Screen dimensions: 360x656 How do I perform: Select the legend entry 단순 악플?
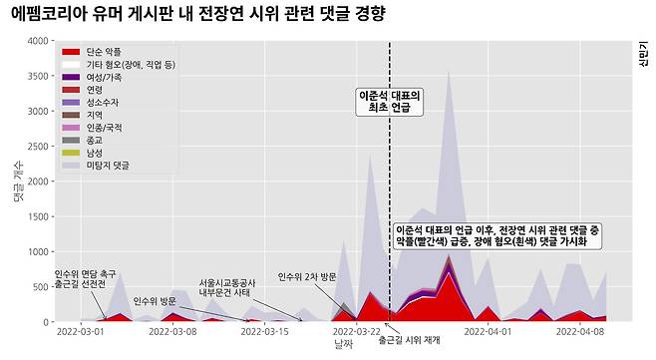point(102,51)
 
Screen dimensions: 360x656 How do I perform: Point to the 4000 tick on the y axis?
point(37,41)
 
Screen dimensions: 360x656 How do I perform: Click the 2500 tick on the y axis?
point(37,147)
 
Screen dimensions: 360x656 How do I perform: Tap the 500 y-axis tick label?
point(41,287)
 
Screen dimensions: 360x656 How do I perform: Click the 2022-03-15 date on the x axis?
point(265,331)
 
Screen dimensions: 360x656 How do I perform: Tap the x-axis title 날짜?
point(344,344)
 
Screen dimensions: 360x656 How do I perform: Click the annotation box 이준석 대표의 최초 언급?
point(389,101)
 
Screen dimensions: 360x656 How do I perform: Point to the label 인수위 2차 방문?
point(307,276)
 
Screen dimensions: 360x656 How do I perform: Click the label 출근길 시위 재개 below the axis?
point(409,340)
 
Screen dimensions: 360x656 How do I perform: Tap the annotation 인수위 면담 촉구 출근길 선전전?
point(85,278)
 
